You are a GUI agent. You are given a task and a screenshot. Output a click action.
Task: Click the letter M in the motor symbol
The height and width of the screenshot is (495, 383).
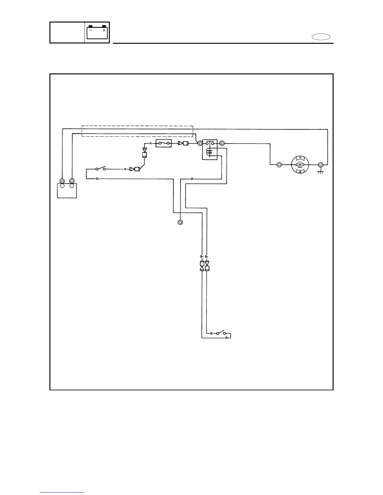[300, 164]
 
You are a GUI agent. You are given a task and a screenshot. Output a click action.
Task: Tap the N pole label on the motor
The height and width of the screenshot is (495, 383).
[300, 157]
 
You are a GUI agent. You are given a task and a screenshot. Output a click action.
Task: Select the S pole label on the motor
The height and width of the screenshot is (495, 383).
[300, 172]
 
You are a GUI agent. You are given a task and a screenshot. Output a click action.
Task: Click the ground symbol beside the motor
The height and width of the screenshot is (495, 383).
[320, 172]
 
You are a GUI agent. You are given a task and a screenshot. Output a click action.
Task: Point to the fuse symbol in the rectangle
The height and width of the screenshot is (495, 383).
[164, 143]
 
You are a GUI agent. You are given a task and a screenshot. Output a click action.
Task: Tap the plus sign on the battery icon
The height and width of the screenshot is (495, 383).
[104, 31]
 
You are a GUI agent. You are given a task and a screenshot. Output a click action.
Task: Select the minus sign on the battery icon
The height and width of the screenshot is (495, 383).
[90, 31]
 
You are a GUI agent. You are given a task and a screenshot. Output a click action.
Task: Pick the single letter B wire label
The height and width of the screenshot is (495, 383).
[192, 179]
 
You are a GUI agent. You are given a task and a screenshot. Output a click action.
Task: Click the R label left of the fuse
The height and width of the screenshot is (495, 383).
[151, 143]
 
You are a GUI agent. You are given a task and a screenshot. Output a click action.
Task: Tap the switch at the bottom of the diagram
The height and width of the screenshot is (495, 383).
[221, 332]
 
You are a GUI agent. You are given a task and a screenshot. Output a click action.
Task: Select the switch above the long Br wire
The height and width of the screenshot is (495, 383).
[100, 168]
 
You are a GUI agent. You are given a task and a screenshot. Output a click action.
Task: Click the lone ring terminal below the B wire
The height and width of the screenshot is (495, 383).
[180, 222]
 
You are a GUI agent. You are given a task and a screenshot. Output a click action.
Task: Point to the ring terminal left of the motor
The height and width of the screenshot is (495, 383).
[279, 164]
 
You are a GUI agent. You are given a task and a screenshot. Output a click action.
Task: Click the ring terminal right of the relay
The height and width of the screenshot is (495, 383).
[222, 143]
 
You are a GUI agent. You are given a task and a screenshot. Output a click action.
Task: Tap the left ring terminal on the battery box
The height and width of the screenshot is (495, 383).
[62, 181]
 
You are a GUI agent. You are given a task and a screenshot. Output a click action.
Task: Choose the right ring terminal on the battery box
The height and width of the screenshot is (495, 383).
[72, 181]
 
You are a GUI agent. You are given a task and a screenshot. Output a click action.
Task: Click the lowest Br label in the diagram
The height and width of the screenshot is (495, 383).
[227, 338]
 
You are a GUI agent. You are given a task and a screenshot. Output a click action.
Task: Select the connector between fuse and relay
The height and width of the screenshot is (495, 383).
[183, 143]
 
